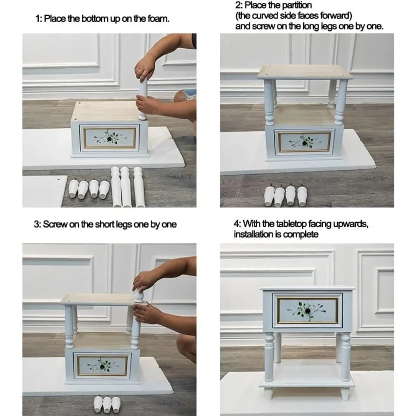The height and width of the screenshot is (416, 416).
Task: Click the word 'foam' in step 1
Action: pos(159,19)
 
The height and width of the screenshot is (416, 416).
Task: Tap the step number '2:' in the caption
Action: pos(238,5)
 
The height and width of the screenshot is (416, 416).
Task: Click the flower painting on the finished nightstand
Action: pos(308,310)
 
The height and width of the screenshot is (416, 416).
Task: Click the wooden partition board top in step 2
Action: pos(305,71)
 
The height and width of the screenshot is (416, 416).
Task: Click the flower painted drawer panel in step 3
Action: pos(102,363)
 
